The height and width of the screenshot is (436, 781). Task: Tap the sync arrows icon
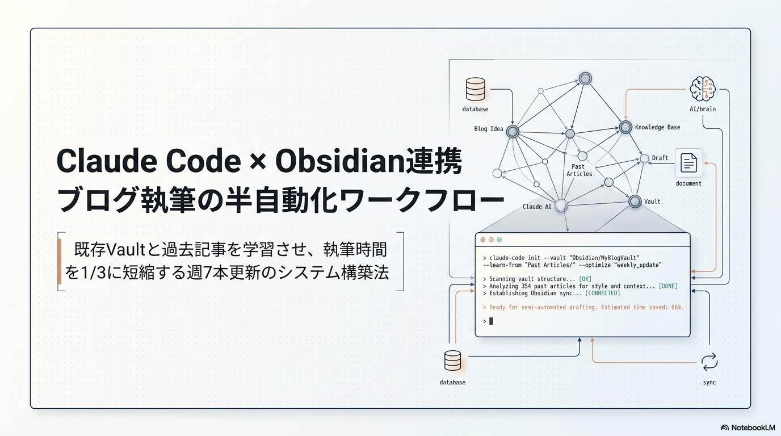point(709,362)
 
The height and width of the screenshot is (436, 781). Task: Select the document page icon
point(688,163)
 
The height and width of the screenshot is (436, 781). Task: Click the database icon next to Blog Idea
point(475,89)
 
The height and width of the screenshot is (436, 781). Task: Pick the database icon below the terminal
point(452,360)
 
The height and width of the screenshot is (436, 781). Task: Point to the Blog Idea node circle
point(513,132)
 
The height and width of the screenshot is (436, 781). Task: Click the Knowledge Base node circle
point(625,127)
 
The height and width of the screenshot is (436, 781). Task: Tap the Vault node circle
point(635,201)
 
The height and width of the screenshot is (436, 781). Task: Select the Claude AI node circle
point(561,206)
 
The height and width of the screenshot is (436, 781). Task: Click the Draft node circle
point(644,158)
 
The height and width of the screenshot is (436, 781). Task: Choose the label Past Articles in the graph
point(579,170)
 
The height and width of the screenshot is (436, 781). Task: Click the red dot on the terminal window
point(483,240)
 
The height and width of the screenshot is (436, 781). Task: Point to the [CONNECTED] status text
point(602,294)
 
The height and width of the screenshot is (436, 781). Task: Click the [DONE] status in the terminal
point(668,286)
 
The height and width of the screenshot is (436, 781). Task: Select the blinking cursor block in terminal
point(491,321)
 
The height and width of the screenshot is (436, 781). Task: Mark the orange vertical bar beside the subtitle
point(60,261)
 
